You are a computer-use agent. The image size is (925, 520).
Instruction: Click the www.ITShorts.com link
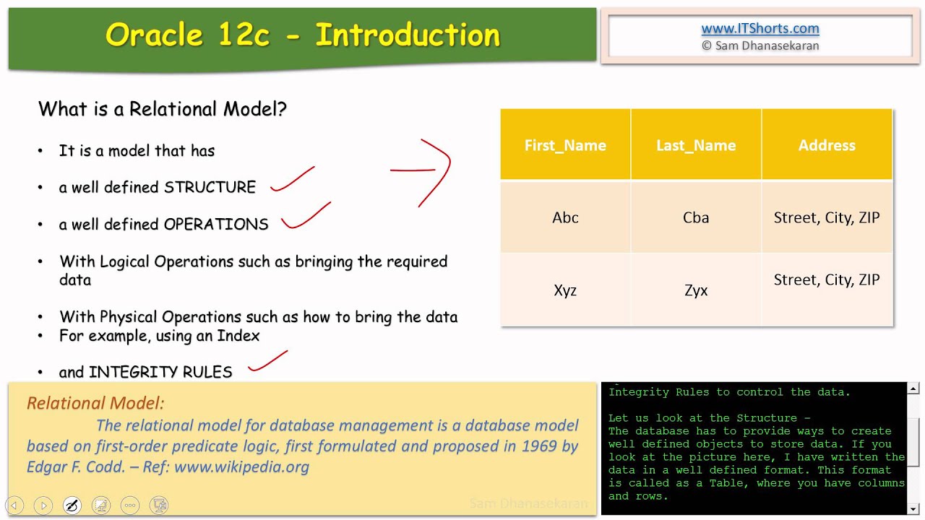760,29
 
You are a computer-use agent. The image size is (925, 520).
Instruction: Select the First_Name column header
565,145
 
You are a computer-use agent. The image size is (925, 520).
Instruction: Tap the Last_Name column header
696,145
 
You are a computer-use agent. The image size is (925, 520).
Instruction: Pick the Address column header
827,145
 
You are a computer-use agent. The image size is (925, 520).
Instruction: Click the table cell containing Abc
565,217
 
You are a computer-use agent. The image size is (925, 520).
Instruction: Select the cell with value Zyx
696,290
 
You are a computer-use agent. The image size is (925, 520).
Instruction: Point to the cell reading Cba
696,217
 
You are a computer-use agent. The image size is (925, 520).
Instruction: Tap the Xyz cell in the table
565,290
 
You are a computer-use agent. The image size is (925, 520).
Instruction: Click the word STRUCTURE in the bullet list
210,188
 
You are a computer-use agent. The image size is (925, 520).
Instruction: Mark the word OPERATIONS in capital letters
216,225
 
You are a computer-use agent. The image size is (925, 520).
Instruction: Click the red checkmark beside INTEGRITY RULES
267,363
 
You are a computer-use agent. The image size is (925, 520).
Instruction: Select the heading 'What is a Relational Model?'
163,110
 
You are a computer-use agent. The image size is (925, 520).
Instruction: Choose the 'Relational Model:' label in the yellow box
95,404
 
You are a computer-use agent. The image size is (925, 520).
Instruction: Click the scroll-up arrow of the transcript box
913,389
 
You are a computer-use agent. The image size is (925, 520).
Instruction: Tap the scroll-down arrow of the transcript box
913,508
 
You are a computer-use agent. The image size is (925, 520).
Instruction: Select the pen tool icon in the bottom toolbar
72,505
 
